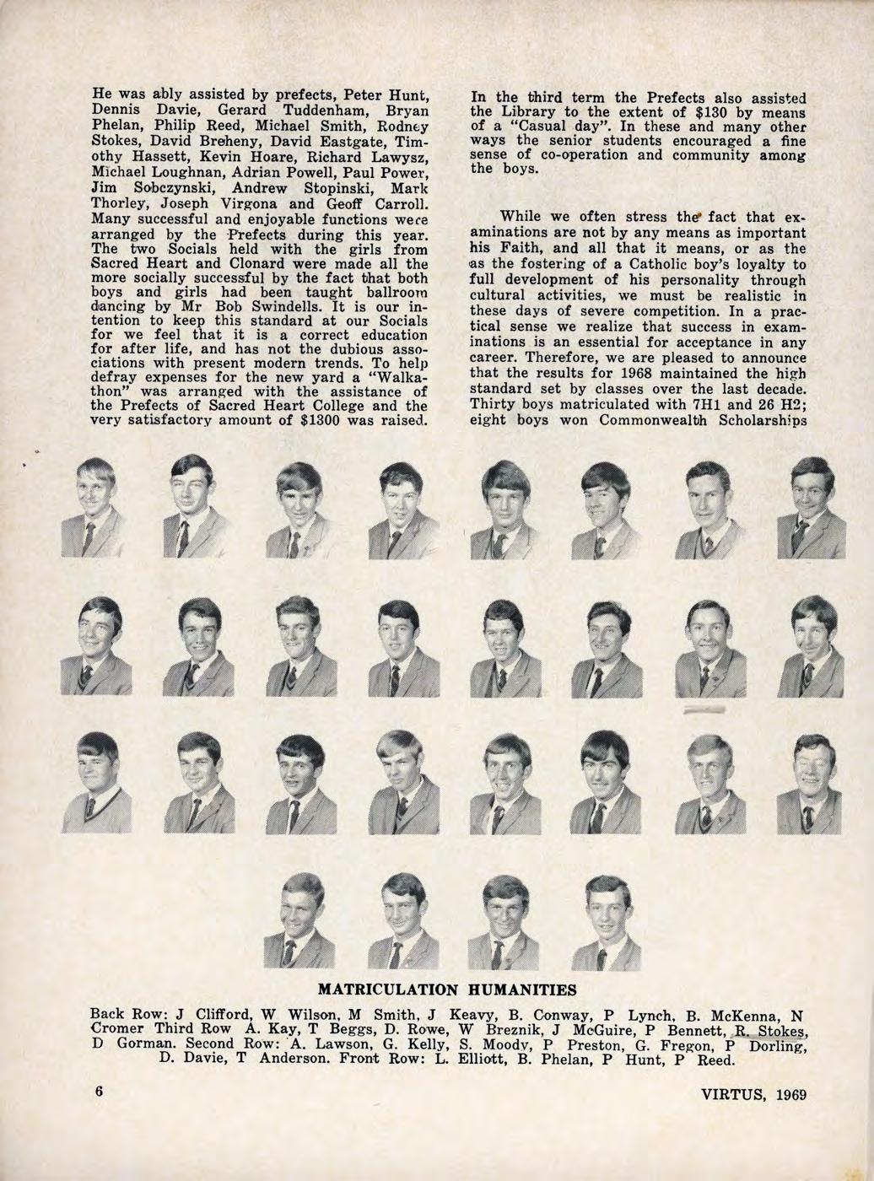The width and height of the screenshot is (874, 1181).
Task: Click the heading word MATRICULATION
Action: [388, 988]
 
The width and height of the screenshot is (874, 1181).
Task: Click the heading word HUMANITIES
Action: [507, 988]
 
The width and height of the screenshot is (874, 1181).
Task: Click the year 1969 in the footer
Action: [791, 1095]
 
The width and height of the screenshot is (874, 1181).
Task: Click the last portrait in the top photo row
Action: [811, 508]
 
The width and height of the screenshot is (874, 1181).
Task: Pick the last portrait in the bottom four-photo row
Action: [606, 921]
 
